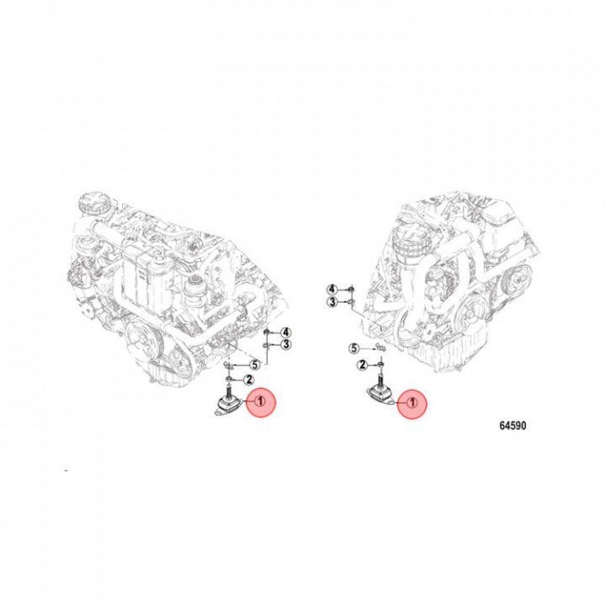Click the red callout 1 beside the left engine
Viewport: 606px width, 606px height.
coord(260,402)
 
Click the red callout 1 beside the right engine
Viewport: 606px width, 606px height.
coord(412,403)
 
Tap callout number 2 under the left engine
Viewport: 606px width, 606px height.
coord(248,380)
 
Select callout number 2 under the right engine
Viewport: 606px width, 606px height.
coord(362,364)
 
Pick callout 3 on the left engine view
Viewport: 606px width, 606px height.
coord(285,344)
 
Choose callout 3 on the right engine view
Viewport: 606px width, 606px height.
coord(332,301)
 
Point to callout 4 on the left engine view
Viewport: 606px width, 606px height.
coord(285,332)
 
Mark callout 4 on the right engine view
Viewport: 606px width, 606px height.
coord(332,289)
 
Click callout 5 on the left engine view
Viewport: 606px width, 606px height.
coord(254,364)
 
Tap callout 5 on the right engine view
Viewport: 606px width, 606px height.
coord(354,348)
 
